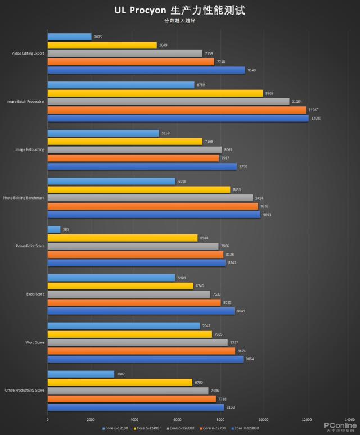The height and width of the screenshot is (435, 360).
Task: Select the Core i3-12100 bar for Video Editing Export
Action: pos(70,37)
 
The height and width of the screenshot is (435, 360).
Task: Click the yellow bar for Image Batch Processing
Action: pos(155,93)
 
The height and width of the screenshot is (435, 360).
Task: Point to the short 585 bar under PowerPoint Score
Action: pos(54,229)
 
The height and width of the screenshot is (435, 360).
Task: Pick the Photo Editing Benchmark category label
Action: pos(24,198)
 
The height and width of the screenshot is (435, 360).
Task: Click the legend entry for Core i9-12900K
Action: pos(246,428)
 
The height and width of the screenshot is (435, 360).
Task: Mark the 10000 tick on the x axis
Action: pos(263,420)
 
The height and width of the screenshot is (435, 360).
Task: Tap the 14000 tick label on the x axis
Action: pos(349,420)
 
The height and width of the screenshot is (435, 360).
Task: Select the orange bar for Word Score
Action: pos(141,351)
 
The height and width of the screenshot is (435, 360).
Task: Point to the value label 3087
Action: pos(120,374)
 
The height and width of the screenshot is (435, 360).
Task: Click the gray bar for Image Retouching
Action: pos(134,150)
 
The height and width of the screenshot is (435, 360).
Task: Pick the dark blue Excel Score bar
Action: pos(141,311)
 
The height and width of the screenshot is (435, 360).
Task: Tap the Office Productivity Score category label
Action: pos(24,390)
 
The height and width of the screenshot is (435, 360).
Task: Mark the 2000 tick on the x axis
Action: pos(91,420)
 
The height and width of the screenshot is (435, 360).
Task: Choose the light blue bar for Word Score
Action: pos(124,326)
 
